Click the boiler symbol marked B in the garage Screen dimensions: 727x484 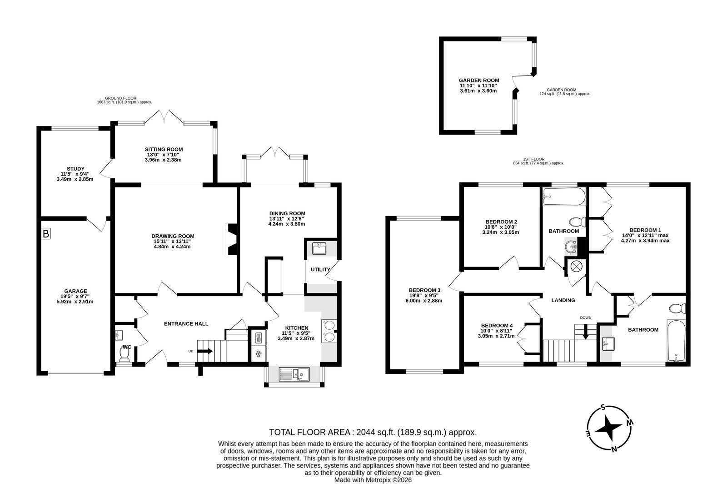(x=46, y=233)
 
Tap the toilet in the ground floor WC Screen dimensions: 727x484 (x=124, y=354)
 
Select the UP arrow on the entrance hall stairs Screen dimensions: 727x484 (x=205, y=351)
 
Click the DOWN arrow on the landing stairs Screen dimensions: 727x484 (x=585, y=333)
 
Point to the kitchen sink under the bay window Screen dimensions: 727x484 (x=294, y=374)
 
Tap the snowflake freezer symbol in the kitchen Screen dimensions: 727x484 (x=259, y=354)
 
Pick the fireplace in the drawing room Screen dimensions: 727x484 (x=231, y=239)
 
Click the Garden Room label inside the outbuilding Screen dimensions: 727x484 (x=479, y=80)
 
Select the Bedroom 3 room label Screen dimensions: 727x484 (x=424, y=290)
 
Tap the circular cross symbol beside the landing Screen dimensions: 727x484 (x=577, y=267)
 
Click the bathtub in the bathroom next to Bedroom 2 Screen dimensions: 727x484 (x=564, y=197)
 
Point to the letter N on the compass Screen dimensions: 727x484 (x=614, y=449)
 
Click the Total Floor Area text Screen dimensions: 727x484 (x=373, y=432)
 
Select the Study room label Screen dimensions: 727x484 (x=75, y=169)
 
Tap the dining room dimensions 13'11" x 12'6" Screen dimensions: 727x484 (x=287, y=219)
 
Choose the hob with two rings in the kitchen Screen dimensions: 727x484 (x=329, y=331)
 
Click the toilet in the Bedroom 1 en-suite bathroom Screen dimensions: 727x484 (x=677, y=308)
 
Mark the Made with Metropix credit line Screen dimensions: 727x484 (x=373, y=480)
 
